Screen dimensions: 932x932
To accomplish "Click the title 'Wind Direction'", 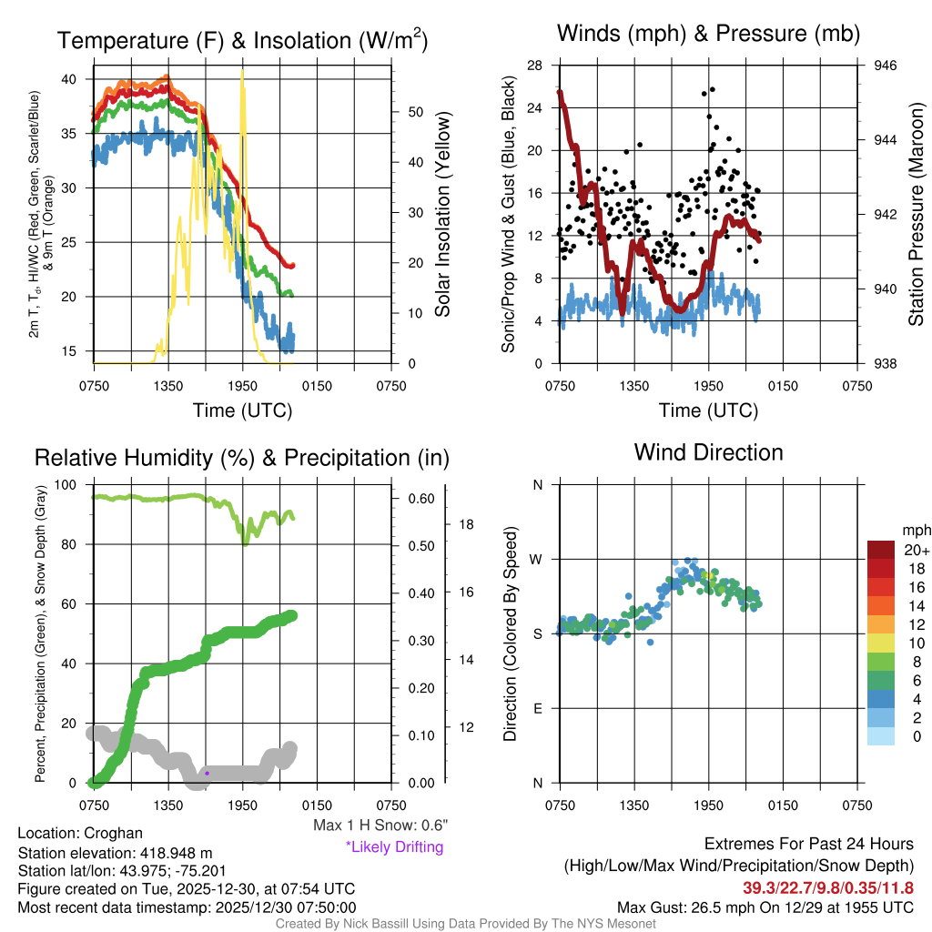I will [x=708, y=452].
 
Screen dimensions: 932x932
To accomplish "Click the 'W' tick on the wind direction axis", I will [x=538, y=559].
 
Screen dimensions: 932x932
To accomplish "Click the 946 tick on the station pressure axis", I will [x=886, y=66].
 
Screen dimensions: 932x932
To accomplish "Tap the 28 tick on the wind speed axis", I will [x=535, y=66].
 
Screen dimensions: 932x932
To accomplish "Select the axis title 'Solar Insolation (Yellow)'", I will [x=442, y=215].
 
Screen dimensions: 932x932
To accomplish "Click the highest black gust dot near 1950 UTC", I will [x=712, y=89].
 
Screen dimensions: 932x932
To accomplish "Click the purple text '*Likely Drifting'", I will [x=394, y=846].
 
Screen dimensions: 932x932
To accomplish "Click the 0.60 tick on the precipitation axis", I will [x=421, y=499].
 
